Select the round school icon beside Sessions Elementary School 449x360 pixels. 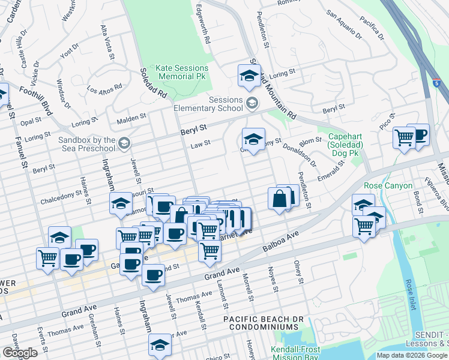[252, 104]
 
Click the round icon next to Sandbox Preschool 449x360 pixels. [124, 143]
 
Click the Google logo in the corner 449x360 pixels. [20, 353]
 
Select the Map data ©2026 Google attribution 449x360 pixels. [411, 355]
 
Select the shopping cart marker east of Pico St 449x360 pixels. [404, 137]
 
